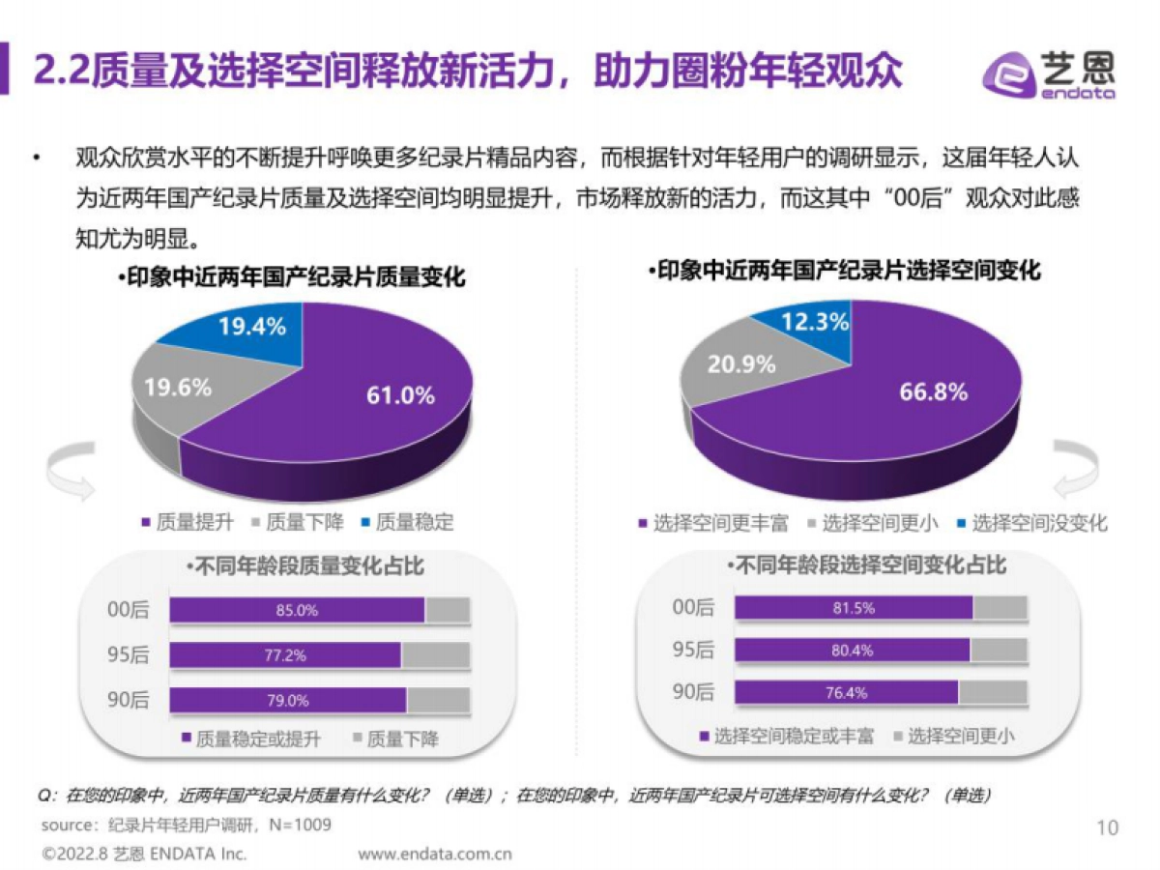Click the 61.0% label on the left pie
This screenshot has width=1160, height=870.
[399, 394]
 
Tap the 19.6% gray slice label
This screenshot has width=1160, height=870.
[178, 388]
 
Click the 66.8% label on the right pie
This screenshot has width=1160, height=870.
[933, 391]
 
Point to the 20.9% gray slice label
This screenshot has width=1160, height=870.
[741, 364]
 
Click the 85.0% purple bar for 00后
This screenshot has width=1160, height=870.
[297, 611]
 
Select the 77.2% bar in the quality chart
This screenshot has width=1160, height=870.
[285, 655]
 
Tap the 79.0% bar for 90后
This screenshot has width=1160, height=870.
[288, 701]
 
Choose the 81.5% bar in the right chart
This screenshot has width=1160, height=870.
[853, 608]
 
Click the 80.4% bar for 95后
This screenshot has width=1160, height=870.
[852, 651]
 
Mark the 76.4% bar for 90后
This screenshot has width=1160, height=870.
[846, 693]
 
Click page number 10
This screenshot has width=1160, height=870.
[1108, 827]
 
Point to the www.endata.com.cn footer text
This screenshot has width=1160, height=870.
[435, 855]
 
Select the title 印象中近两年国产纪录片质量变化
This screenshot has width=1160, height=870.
[291, 278]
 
